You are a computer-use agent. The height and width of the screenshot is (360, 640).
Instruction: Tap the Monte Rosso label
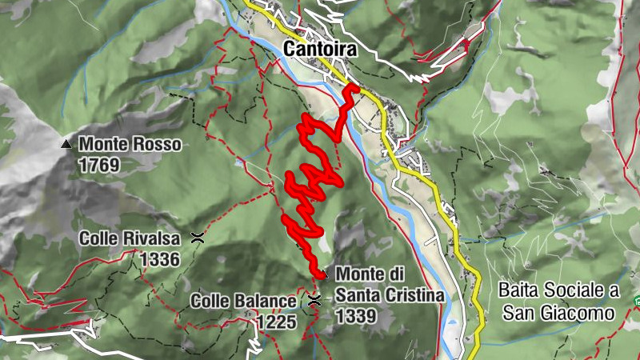[x=130, y=146]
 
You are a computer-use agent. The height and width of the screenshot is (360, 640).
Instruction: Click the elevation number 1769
[x=99, y=166]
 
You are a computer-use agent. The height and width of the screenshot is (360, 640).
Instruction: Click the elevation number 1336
[x=159, y=259]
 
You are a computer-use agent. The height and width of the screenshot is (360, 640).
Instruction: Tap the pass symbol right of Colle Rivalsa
[x=197, y=238]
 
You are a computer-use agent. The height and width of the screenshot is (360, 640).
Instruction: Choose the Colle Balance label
[x=243, y=302]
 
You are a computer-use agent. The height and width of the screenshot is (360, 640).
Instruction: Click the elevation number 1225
[x=277, y=322]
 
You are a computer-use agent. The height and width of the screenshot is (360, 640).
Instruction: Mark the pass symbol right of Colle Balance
[x=314, y=301]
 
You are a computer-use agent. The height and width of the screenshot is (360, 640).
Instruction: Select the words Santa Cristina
[x=390, y=295]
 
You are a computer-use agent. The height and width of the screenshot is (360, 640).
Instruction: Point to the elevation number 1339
[x=356, y=316]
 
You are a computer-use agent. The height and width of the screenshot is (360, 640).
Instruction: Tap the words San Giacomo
[x=558, y=312]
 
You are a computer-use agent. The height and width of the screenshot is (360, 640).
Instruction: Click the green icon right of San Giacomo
[x=637, y=302]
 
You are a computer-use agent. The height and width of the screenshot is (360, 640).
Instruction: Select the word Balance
[x=268, y=302]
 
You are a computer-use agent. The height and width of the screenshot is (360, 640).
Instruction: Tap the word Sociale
[x=575, y=289]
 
